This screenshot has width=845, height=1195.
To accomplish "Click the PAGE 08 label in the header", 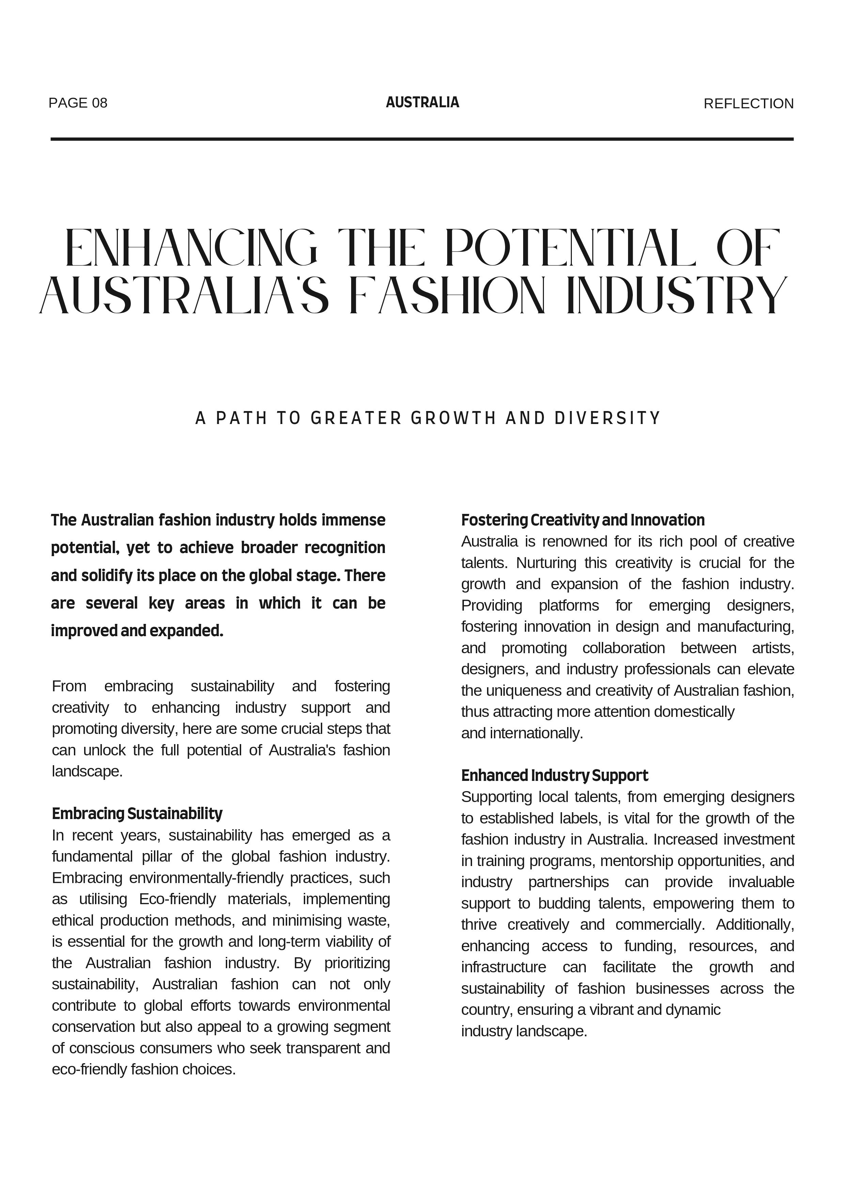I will point(78,103).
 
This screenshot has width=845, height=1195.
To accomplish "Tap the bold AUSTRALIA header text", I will point(422,103).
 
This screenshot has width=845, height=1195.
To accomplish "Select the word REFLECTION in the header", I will point(748,104).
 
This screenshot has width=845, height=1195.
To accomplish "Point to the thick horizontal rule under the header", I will point(422,139).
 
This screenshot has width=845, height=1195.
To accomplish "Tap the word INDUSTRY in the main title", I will point(677,296).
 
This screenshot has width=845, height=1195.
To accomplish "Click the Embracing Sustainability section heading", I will point(137,814).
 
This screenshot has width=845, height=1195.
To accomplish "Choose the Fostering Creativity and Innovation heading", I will point(583,520).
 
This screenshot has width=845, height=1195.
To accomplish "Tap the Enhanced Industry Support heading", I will point(554,775).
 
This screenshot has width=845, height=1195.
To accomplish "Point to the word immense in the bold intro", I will point(354,520).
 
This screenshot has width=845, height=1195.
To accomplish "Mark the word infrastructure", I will point(503,967).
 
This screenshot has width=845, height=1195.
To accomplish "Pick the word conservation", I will point(94,1027).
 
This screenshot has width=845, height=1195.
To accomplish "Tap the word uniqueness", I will point(524,691).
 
